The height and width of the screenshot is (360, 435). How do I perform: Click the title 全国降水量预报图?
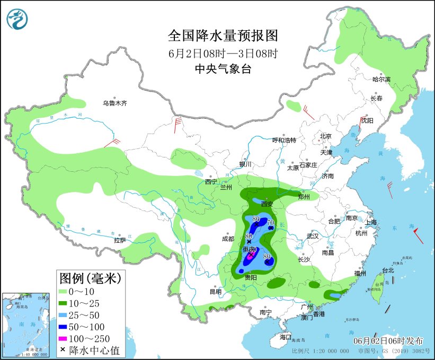(223, 36)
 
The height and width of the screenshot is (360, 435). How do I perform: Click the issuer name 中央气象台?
(223, 68)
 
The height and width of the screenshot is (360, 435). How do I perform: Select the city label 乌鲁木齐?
(115, 103)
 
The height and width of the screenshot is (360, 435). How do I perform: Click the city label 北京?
(325, 136)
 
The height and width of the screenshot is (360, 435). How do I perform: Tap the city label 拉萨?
(120, 240)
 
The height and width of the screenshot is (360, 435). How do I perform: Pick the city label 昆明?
(215, 291)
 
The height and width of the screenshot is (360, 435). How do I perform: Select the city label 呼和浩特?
(284, 140)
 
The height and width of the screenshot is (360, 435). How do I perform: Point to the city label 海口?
(286, 337)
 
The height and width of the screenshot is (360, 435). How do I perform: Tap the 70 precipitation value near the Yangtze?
(271, 222)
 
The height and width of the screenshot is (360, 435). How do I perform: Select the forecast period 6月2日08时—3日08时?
(223, 53)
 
